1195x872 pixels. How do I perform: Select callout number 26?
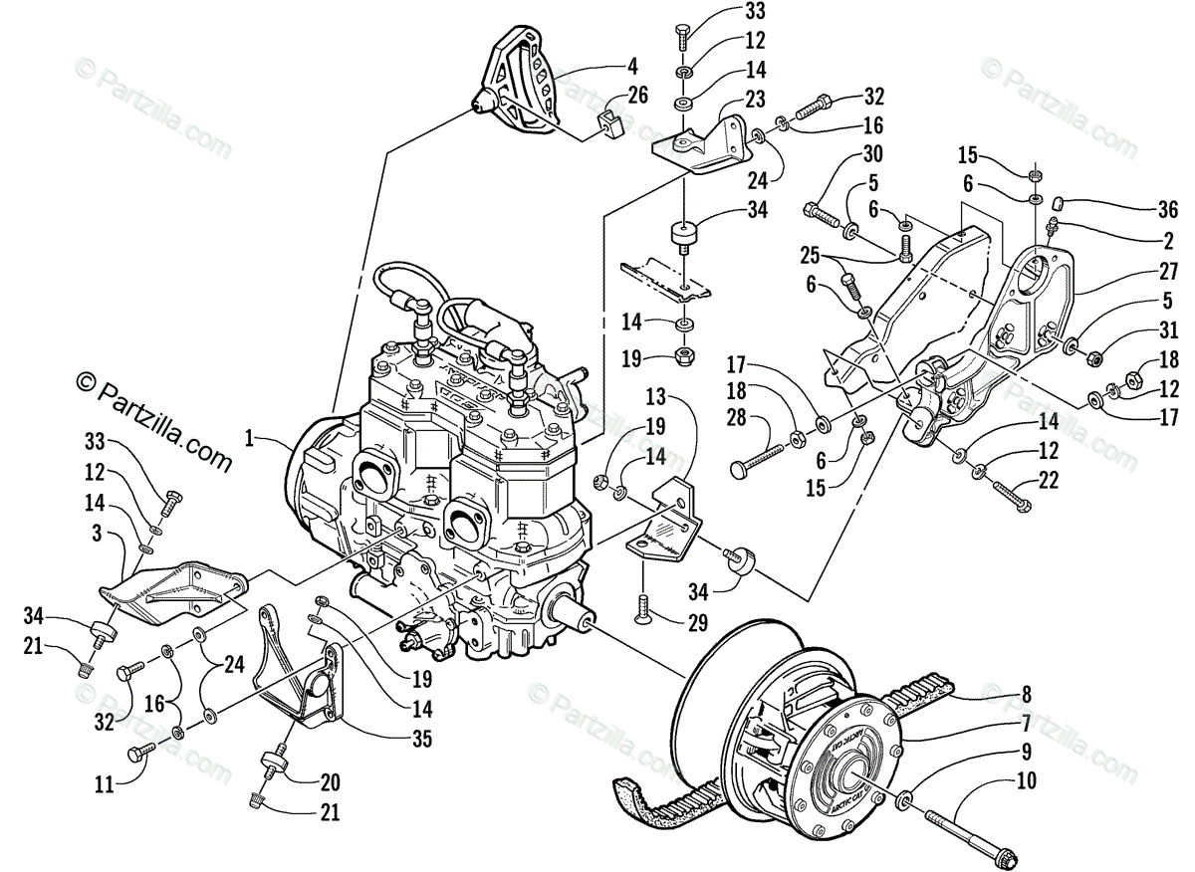click(x=636, y=97)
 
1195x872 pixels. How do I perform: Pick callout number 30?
click(x=872, y=154)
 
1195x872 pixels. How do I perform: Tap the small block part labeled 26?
click(x=606, y=126)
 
